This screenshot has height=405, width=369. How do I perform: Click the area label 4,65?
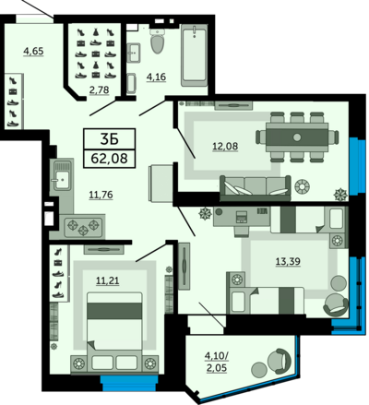pyautogui.click(x=34, y=51)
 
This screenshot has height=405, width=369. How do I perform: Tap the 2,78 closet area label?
pyautogui.click(x=99, y=89)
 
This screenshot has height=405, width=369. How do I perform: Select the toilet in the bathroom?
pyautogui.click(x=157, y=41)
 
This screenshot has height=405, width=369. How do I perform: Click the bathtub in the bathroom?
pyautogui.click(x=194, y=55)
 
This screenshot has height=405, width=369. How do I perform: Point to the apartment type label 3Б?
pyautogui.click(x=109, y=139)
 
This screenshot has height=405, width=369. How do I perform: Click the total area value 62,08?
pyautogui.click(x=109, y=159)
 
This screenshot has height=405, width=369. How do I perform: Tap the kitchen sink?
pyautogui.click(x=63, y=177)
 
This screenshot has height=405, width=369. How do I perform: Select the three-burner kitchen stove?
pyautogui.click(x=83, y=227)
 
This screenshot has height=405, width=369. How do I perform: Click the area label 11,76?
pyautogui.click(x=101, y=195)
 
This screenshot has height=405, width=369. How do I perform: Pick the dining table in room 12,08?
pyautogui.click(x=297, y=137)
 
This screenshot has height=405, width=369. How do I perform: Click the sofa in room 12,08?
pyautogui.click(x=256, y=188)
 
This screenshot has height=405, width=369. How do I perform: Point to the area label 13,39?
pyautogui.click(x=288, y=262)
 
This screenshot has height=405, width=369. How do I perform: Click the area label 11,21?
pyautogui.click(x=108, y=280)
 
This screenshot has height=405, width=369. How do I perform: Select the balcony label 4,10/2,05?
pyautogui.click(x=217, y=362)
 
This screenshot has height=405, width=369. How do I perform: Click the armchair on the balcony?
pyautogui.click(x=280, y=361)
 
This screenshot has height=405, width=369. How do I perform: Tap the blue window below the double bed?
pyautogui.click(x=129, y=383)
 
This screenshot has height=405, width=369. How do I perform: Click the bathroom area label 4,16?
pyautogui.click(x=156, y=77)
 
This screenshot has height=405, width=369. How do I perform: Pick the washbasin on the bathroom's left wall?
pyautogui.click(x=134, y=53)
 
